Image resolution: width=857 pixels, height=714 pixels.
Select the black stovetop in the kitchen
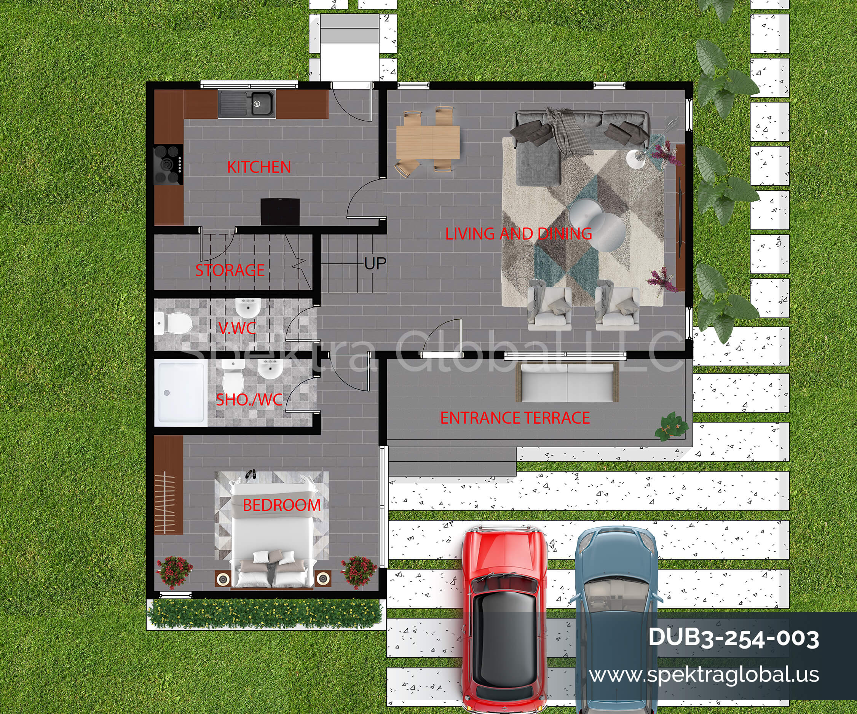coord(168,165)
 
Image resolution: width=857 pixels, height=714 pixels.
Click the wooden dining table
coord(428,142)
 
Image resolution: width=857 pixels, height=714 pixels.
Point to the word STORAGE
coord(230,270)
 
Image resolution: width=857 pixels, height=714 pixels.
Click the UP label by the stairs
coord(375,264)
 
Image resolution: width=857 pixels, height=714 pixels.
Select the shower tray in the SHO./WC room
coord(181,393)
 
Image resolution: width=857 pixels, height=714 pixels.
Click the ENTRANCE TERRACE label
coord(515,418)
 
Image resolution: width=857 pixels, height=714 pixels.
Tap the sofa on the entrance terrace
coord(567,382)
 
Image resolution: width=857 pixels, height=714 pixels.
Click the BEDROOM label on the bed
coord(282,505)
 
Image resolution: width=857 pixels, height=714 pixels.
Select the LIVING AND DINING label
coord(518,234)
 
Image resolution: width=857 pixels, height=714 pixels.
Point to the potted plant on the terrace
coord(671,427)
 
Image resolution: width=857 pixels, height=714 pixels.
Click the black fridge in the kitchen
coord(280,212)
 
